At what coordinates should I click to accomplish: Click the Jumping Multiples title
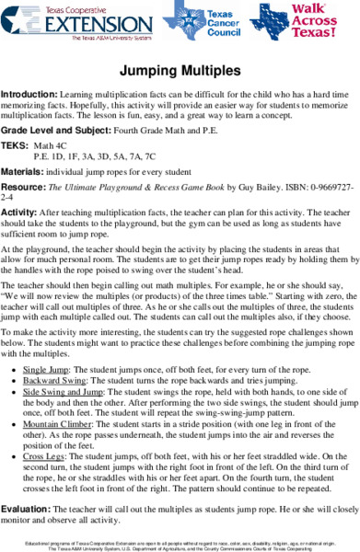pos(180,71)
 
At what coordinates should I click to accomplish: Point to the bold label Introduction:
pos(29,96)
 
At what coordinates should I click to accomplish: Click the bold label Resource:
pos(23,186)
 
